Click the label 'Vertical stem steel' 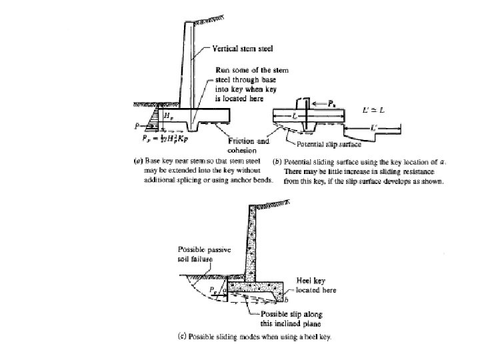(x=244, y=48)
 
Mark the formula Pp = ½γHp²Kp (x=167, y=141)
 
